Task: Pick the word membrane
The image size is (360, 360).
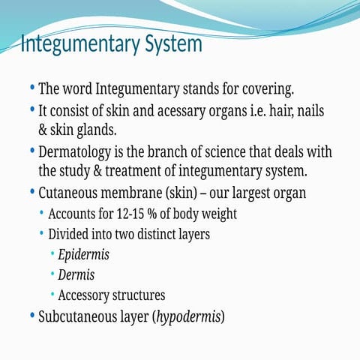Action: point(149,193)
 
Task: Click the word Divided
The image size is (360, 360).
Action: point(72,234)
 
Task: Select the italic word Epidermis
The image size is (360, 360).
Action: point(83,254)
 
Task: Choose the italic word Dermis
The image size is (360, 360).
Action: point(76,274)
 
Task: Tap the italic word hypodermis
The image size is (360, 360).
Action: point(188,316)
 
